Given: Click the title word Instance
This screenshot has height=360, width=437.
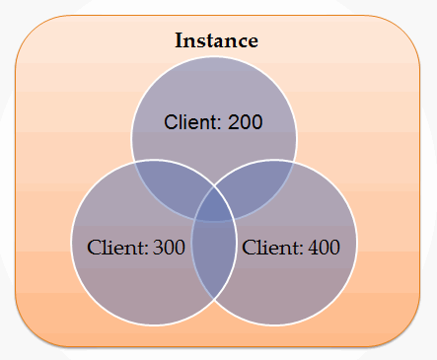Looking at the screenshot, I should (216, 41).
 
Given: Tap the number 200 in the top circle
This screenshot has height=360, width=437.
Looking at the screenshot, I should (246, 122).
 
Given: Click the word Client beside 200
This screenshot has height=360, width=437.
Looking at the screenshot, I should (191, 122).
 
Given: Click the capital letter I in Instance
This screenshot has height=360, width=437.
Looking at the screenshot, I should (179, 41).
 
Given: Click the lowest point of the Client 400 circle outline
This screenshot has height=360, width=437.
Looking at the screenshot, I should (274, 325).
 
